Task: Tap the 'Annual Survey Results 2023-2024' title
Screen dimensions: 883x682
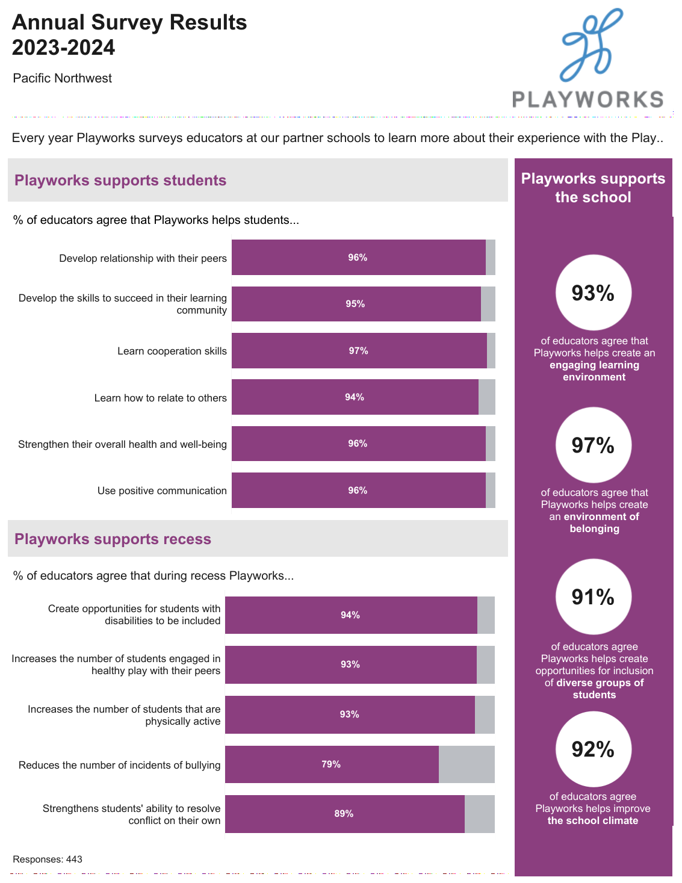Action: point(129,35)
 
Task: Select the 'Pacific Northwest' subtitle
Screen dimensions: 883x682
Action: point(63,78)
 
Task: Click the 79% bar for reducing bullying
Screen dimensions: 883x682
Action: point(332,764)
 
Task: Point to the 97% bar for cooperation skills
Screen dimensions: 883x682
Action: point(359,351)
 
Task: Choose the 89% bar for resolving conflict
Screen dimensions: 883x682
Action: point(344,814)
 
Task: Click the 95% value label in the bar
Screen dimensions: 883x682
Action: point(355,304)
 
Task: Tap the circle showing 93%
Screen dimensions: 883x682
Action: point(593,293)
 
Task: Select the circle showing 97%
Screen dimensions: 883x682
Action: point(593,445)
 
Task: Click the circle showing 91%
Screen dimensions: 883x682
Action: point(593,597)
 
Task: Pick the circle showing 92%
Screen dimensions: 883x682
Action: point(593,749)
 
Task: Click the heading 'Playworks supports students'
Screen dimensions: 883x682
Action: point(120,181)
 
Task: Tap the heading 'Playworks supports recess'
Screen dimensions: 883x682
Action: point(113,539)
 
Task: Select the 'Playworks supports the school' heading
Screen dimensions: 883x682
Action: point(593,188)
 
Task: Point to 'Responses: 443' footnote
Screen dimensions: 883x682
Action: point(48,860)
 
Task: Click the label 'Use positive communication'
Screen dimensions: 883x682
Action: point(162,491)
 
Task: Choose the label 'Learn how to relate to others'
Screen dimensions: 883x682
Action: point(160,398)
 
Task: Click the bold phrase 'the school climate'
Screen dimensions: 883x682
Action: point(593,821)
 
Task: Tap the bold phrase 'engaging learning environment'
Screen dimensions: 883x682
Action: point(594,371)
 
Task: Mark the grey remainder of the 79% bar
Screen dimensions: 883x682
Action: point(467,764)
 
